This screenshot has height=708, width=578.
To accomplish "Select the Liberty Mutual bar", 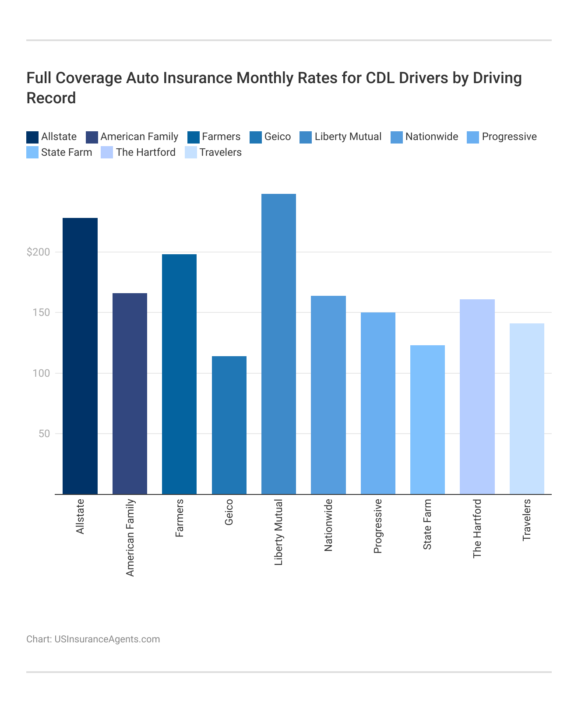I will [278, 344].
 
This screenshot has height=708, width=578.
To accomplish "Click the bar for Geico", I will [229, 425].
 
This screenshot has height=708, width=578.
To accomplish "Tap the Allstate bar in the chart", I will [80, 356].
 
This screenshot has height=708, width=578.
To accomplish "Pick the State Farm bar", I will [427, 420].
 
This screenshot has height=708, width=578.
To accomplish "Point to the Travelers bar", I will [527, 409].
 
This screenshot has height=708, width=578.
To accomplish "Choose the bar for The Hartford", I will [477, 396].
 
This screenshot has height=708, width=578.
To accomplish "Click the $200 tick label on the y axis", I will [38, 252].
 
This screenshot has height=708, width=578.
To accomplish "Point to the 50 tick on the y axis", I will [44, 434].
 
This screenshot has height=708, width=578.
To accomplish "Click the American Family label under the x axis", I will [130, 537].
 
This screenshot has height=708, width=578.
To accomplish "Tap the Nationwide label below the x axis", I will [328, 525].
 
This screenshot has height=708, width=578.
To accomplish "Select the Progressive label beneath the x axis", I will [378, 526].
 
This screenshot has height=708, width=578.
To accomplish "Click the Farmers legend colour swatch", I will [194, 137].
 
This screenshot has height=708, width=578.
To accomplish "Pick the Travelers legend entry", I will [220, 152].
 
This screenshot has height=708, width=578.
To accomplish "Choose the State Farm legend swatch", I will [32, 152].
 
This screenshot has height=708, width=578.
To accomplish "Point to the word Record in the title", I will [51, 98].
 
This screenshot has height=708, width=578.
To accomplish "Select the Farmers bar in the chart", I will [179, 374].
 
